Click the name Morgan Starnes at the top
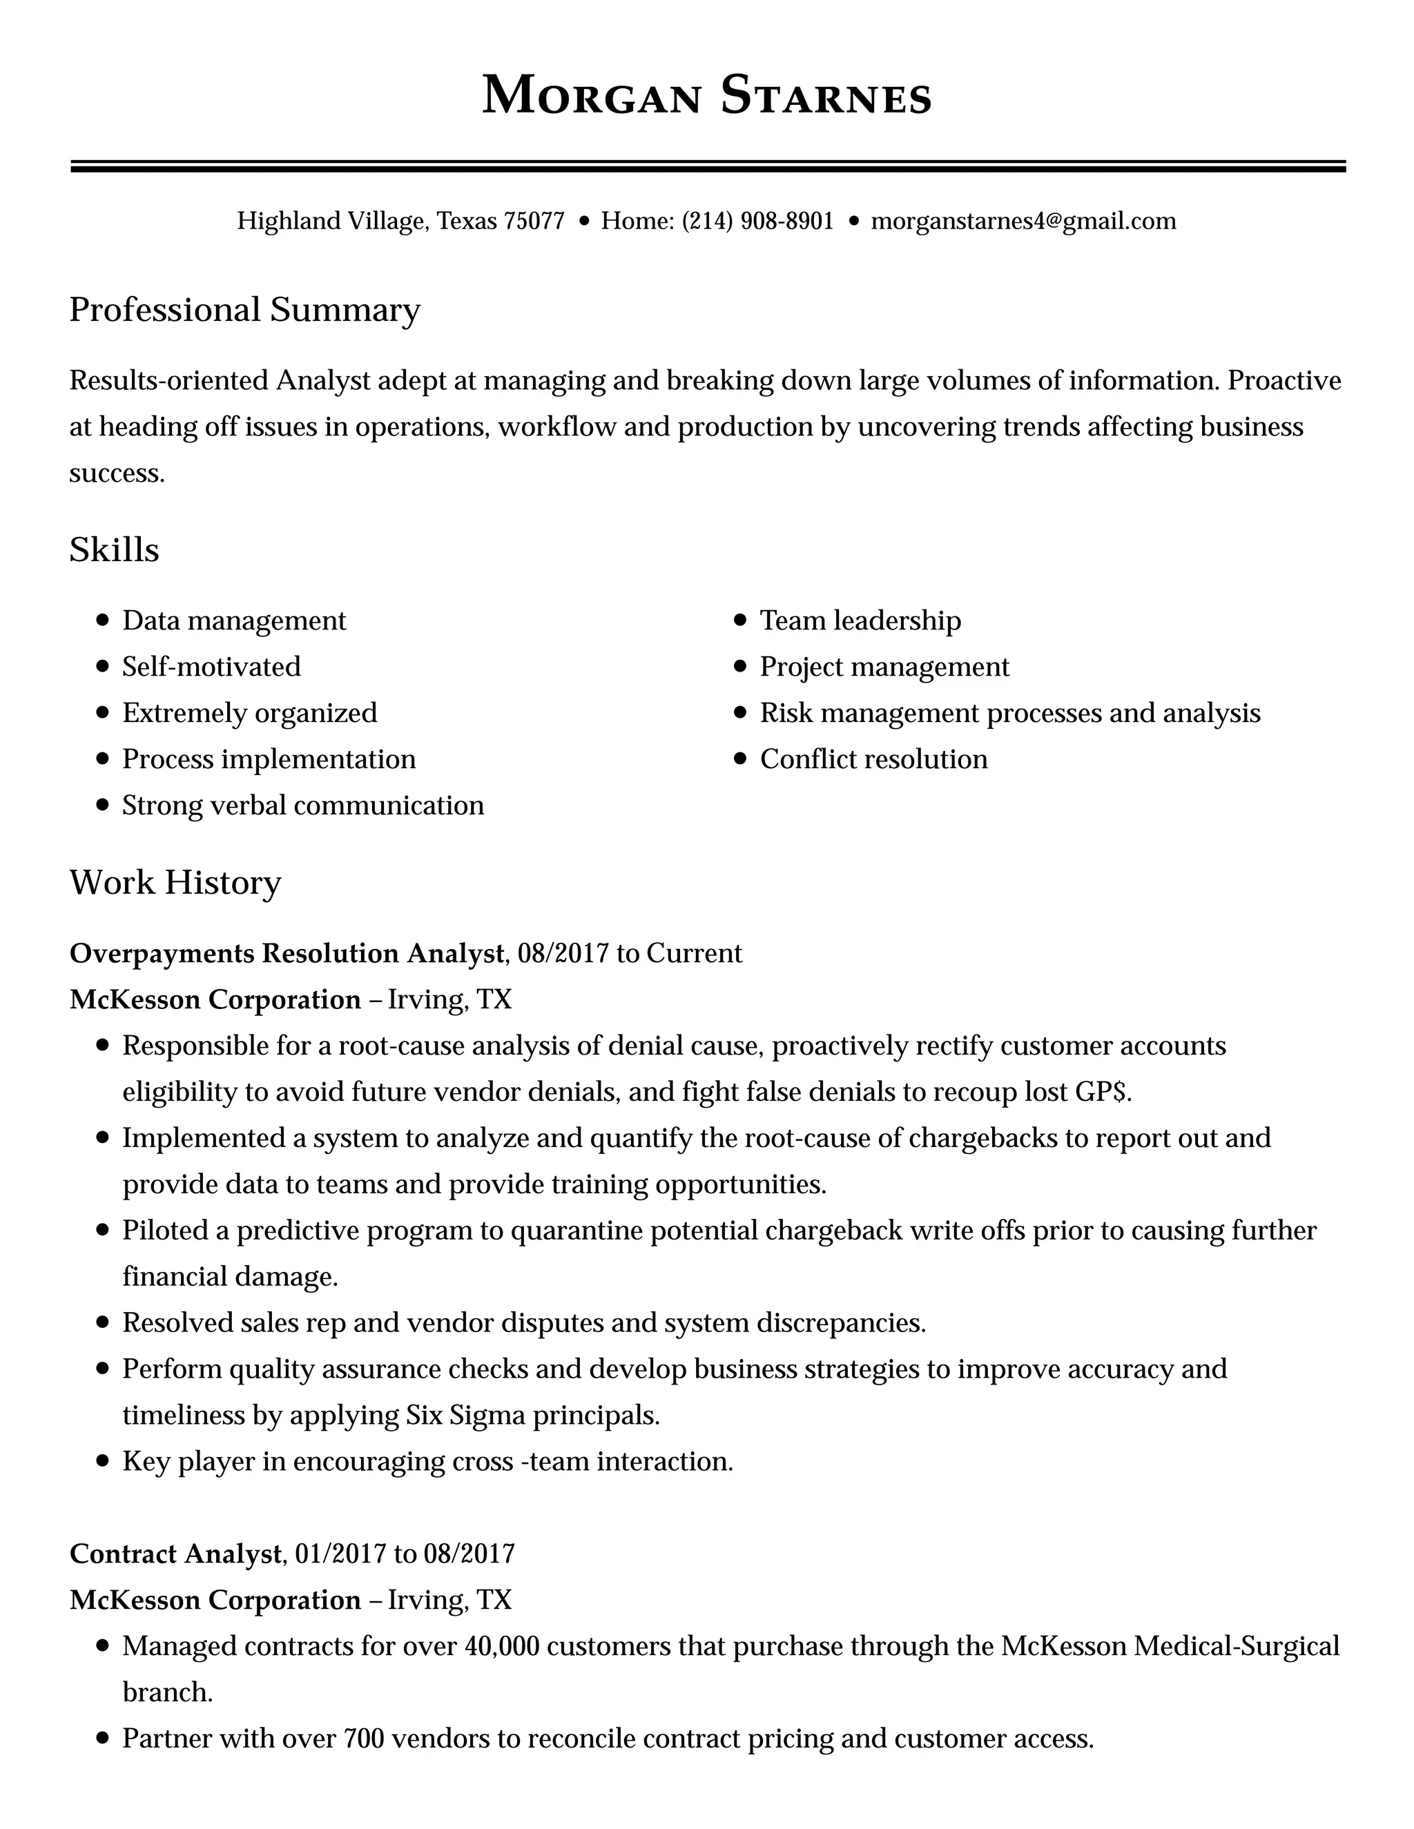click(706, 95)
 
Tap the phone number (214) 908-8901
click(757, 221)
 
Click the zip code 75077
click(534, 221)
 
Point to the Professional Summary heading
click(244, 310)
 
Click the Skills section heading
click(114, 550)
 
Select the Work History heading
click(175, 883)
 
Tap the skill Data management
click(234, 620)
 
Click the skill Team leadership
click(860, 620)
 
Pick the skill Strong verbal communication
click(302, 805)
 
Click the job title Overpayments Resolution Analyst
click(287, 954)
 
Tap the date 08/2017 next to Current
click(563, 954)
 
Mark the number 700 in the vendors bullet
click(364, 1739)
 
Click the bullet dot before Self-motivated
click(103, 667)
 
